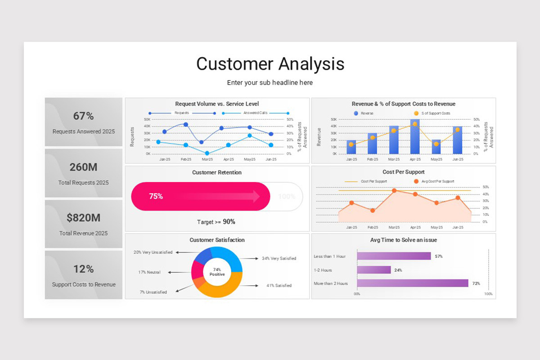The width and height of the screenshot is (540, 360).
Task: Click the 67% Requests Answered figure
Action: [83, 116]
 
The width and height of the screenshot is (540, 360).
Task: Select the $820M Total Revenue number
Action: [83, 218]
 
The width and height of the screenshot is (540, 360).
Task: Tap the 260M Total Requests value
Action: [83, 167]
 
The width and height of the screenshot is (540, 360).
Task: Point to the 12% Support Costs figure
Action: [83, 269]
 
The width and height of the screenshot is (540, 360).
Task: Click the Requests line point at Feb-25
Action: [185, 125]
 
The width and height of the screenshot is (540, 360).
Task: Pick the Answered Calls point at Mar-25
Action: [207, 153]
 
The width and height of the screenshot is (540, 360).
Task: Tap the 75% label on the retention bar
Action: [156, 197]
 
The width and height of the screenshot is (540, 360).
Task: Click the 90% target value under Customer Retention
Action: [229, 222]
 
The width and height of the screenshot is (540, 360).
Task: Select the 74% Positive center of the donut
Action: [217, 272]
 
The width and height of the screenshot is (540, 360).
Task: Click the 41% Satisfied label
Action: [279, 285]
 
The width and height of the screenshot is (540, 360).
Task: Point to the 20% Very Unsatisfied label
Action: [153, 252]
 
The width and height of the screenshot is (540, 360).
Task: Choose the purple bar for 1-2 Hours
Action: [373, 270]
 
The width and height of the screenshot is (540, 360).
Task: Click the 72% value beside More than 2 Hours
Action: [476, 283]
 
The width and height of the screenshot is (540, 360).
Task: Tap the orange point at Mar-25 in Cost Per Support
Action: [394, 190]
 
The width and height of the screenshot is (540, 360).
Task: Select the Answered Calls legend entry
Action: [255, 113]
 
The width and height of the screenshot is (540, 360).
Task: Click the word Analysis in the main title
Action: [311, 64]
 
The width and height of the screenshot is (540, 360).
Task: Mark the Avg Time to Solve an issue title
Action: [403, 240]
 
